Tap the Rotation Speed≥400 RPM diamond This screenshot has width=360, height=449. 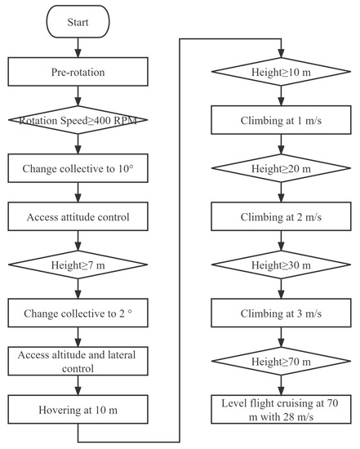[77, 122]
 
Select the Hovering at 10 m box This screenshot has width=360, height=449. [77, 409]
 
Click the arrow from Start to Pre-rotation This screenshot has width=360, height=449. [77, 49]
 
